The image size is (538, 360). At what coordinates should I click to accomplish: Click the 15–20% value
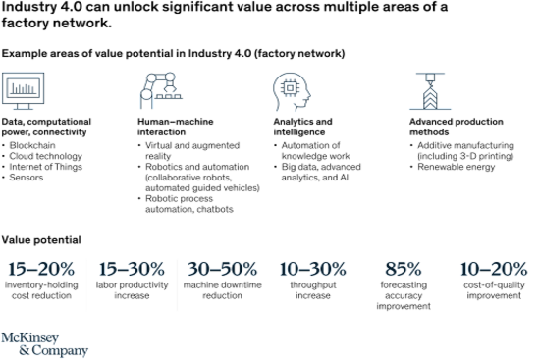[41, 269]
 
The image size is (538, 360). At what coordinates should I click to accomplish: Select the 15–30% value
[132, 269]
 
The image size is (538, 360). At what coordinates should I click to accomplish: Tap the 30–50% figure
[223, 269]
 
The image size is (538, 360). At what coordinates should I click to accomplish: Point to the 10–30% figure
[312, 269]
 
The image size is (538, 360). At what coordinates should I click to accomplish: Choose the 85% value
[403, 269]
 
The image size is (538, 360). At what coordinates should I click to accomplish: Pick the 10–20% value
[493, 269]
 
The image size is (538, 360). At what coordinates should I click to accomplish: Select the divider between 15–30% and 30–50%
[178, 284]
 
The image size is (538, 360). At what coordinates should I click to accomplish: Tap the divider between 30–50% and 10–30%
[267, 284]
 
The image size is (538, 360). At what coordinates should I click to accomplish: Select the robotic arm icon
[160, 89]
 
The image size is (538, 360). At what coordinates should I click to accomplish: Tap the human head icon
[292, 91]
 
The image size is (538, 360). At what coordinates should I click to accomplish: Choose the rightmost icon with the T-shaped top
[430, 90]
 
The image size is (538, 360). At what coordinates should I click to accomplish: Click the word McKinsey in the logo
[29, 337]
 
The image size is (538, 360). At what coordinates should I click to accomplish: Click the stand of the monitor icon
[23, 106]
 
